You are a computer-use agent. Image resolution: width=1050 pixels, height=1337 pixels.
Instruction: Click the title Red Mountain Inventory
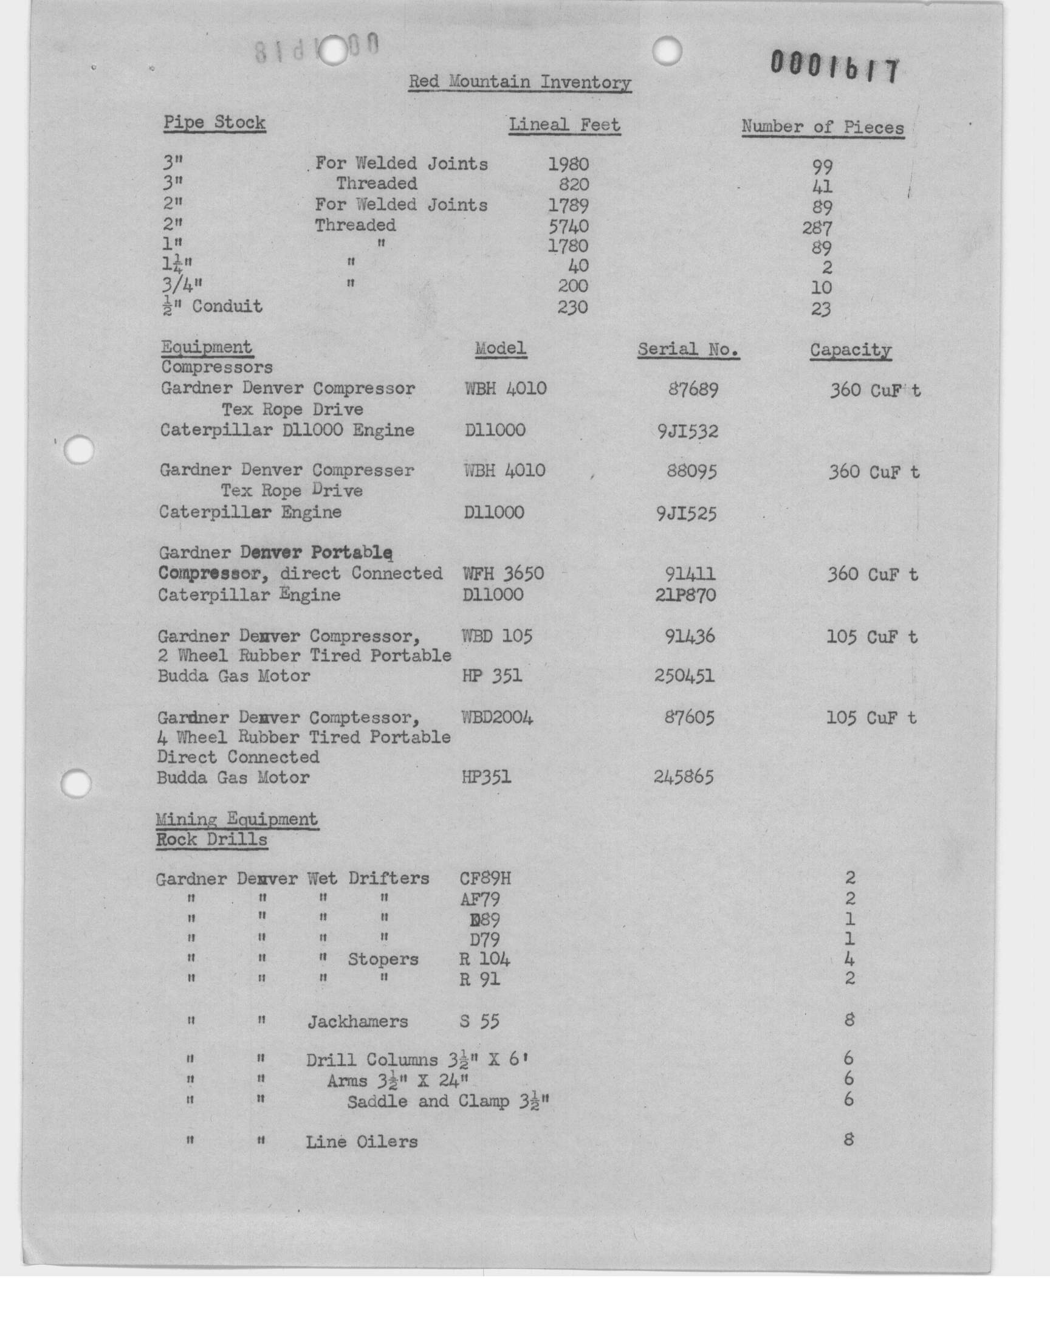(520, 82)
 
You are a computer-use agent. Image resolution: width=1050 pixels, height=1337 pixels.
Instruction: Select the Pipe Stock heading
(214, 122)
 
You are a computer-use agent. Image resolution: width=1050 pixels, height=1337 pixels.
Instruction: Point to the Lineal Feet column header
(564, 125)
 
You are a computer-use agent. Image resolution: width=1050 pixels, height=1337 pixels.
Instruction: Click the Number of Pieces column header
(823, 127)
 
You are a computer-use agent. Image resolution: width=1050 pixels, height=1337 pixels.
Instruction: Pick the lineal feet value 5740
(568, 225)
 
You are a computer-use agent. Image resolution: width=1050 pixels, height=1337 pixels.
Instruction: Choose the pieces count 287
(817, 228)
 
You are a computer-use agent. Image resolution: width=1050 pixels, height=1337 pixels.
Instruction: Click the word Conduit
(227, 306)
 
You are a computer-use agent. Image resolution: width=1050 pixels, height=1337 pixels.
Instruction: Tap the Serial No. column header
(688, 349)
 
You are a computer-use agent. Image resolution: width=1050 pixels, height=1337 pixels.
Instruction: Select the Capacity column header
(850, 350)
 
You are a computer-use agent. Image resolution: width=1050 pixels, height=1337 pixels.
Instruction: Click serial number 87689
(693, 390)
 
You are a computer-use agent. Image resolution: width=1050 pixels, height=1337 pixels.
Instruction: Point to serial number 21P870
(685, 595)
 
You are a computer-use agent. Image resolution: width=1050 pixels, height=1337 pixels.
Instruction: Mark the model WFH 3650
(503, 574)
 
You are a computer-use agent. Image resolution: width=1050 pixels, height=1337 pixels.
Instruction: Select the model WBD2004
(497, 717)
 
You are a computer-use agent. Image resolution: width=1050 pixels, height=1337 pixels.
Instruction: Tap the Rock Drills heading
(211, 840)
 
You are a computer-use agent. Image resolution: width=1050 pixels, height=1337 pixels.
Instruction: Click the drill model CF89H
(485, 878)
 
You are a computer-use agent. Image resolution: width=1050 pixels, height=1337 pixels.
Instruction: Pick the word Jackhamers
(357, 1022)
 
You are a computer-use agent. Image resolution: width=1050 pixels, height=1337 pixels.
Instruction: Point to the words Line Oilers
(362, 1142)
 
